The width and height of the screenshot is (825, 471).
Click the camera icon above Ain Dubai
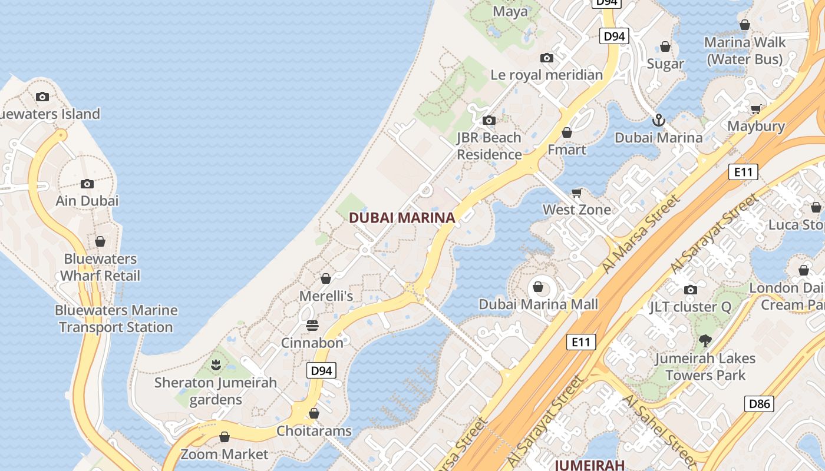(87, 184)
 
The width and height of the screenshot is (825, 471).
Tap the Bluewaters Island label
(49, 114)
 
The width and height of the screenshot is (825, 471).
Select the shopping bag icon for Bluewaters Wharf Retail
(100, 241)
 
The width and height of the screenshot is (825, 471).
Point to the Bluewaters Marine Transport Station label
(116, 319)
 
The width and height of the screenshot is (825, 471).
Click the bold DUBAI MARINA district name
(402, 218)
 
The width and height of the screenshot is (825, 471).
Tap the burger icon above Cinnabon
(312, 326)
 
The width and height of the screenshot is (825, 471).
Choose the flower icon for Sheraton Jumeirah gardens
(216, 365)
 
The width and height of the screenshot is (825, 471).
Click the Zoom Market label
(224, 454)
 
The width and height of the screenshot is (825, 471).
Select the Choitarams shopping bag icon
(314, 413)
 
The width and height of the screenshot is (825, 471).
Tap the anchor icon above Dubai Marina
(658, 121)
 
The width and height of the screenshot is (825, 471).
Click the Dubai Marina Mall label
(538, 304)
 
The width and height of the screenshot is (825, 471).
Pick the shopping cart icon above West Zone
(577, 193)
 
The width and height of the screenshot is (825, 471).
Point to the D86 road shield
(760, 403)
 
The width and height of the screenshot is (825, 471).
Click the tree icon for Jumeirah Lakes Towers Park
(705, 340)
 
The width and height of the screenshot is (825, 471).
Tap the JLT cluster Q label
(690, 307)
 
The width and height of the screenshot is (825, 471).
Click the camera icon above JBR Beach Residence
(489, 121)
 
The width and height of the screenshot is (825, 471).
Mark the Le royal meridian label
(547, 75)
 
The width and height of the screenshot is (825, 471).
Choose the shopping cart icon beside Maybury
(756, 109)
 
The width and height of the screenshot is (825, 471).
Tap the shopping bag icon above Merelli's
(326, 278)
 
